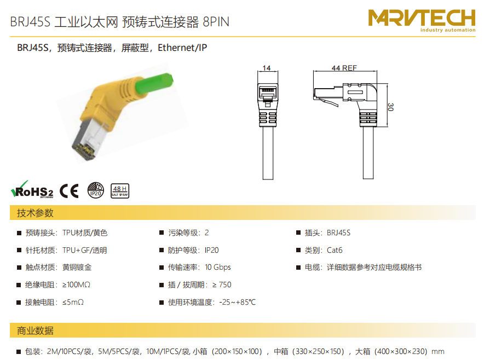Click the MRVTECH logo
(x=422, y=20)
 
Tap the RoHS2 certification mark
(x=32, y=190)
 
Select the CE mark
(x=69, y=190)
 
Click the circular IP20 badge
(x=96, y=190)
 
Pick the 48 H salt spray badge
(x=120, y=191)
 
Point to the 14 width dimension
(x=267, y=68)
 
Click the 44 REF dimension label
(x=344, y=68)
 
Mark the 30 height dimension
(x=390, y=107)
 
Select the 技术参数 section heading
(x=35, y=213)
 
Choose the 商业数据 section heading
(x=35, y=330)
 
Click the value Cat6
(x=335, y=250)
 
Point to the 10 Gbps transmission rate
(x=218, y=268)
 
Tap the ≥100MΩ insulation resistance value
(x=76, y=284)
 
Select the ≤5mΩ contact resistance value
(x=73, y=303)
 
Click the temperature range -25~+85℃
(x=238, y=303)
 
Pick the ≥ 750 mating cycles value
(x=222, y=284)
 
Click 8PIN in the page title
(x=216, y=22)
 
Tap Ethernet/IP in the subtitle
(x=182, y=48)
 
